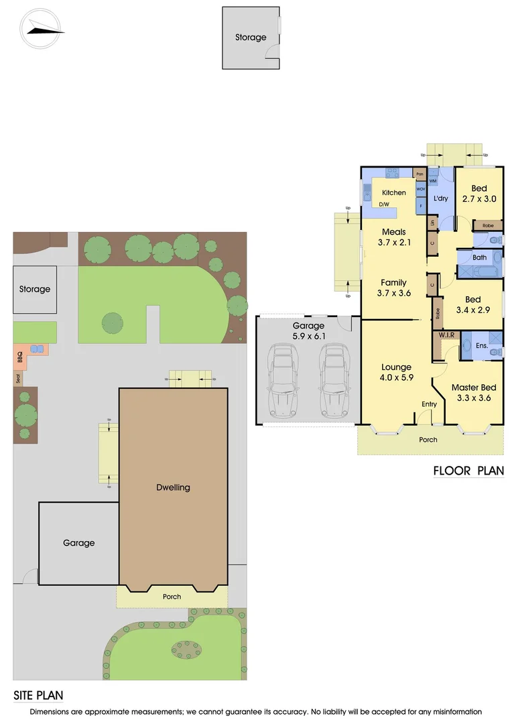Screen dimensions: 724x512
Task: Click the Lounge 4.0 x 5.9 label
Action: pos(396,373)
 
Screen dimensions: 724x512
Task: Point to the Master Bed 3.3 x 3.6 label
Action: pos(474,393)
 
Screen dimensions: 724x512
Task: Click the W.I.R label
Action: pos(447,335)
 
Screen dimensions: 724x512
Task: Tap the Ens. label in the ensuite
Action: pos(481,345)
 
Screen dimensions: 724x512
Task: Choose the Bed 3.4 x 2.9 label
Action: pos(473,304)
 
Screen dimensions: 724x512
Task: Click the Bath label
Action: pos(479,257)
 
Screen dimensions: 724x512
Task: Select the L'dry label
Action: pos(440,199)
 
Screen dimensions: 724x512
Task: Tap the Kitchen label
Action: pos(393,192)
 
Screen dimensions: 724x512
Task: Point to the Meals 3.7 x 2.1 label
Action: pos(393,237)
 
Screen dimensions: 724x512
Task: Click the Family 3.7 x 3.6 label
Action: pos(393,288)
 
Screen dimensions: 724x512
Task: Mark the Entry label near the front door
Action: pos(429,404)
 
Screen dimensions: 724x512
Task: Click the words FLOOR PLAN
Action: pos(468,471)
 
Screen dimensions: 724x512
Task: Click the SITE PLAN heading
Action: pos(38,696)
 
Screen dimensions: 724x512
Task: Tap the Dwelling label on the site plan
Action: pos(173,487)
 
